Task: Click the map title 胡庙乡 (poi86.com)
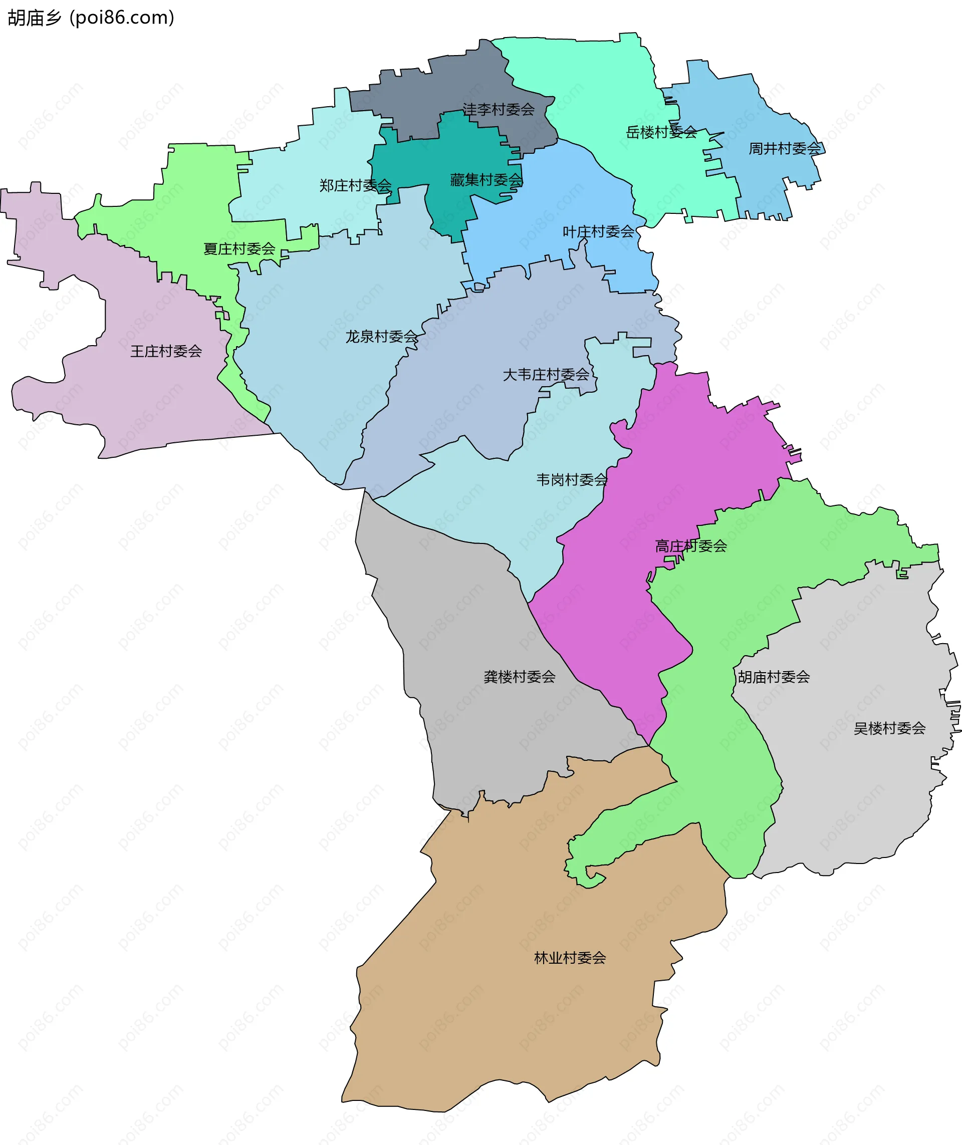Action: point(91,18)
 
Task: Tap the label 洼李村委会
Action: point(499,110)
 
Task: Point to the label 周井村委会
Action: point(784,148)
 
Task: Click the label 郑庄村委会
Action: point(355,185)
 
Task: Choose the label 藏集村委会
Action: point(486,179)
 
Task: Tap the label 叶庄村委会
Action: point(598,232)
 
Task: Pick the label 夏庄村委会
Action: point(239,249)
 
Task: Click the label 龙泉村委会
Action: point(381,337)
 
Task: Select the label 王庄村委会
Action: point(166,351)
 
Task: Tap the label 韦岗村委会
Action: point(571,480)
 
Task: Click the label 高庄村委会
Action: point(690,546)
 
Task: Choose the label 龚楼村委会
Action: point(519,677)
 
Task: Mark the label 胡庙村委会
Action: point(773,677)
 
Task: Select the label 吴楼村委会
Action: point(889,728)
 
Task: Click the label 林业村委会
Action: point(569,958)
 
